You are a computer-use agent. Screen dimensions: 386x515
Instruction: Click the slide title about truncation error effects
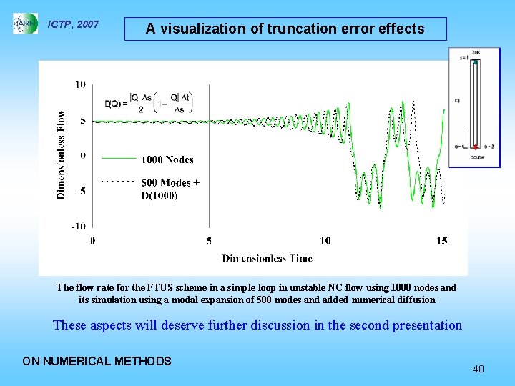tap(285, 29)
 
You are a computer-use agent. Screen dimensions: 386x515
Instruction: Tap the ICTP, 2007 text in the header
tap(73, 25)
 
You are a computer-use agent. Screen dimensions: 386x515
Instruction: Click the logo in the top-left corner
tap(25, 24)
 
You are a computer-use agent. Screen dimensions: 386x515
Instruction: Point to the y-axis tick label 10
tap(80, 84)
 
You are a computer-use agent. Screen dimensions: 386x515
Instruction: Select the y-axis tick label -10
tap(78, 226)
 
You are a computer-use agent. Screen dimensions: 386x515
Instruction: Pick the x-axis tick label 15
tap(441, 241)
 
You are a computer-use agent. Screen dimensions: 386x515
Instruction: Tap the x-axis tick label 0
tap(93, 241)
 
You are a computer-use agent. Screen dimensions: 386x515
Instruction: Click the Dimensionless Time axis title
tap(267, 258)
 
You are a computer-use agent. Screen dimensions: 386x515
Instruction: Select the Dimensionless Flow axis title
tap(62, 154)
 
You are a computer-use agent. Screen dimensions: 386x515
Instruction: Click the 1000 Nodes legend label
tap(167, 159)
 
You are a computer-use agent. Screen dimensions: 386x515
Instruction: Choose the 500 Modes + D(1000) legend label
tap(170, 189)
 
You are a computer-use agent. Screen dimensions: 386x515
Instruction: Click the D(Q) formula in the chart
tap(154, 102)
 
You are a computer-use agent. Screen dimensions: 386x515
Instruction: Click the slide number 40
tap(478, 369)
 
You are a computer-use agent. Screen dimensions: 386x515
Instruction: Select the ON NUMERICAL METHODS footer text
tap(97, 361)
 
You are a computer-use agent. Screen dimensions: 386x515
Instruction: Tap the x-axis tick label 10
tap(325, 241)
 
